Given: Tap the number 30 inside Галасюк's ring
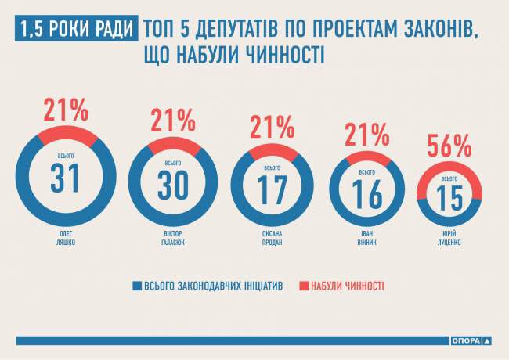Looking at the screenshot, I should (x=172, y=184).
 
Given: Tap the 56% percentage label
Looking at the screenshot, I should (x=449, y=146).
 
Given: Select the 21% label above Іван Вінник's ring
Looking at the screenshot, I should (x=366, y=136).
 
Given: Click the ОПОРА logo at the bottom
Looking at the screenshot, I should (x=471, y=340).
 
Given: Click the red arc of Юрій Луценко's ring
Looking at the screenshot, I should (x=449, y=169).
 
